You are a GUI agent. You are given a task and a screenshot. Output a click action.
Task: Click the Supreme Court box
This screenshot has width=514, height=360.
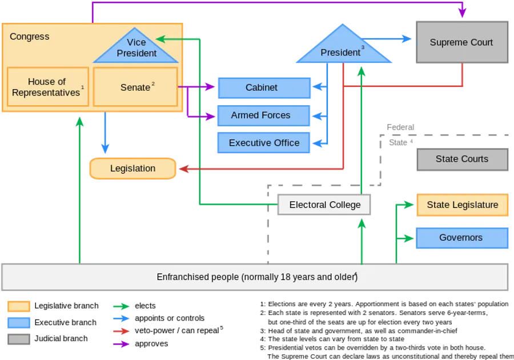(x=462, y=42)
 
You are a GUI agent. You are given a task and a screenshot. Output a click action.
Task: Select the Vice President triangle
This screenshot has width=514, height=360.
(x=136, y=47)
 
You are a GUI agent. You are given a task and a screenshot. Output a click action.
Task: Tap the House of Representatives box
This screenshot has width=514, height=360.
(x=48, y=87)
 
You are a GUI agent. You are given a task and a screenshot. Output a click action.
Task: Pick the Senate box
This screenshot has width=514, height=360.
(x=135, y=87)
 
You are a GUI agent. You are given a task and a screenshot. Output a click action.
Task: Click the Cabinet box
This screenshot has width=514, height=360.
(x=264, y=88)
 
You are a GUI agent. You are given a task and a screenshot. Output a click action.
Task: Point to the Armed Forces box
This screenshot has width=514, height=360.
(x=263, y=115)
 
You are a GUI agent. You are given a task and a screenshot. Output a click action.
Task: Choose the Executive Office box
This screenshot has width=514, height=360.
(x=263, y=143)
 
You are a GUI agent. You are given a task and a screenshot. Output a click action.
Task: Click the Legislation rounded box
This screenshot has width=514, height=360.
(x=132, y=169)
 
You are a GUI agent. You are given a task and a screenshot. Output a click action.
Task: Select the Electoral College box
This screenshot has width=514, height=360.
(x=324, y=205)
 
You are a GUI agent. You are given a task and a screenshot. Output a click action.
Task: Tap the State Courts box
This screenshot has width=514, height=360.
(x=463, y=159)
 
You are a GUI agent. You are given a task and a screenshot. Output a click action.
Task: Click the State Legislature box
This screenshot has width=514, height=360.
(x=463, y=205)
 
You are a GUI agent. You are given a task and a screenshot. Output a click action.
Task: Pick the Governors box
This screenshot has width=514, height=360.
(x=462, y=238)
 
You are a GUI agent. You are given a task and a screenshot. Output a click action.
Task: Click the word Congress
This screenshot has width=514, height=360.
(x=30, y=37)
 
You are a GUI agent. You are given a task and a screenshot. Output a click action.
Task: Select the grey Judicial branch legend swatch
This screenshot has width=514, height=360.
(x=19, y=339)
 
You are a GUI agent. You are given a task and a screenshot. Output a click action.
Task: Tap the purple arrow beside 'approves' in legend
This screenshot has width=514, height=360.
(x=121, y=344)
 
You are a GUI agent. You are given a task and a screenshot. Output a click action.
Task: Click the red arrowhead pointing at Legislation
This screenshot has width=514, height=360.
(x=183, y=169)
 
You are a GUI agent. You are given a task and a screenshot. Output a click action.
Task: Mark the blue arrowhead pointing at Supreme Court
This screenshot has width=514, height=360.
(x=407, y=39)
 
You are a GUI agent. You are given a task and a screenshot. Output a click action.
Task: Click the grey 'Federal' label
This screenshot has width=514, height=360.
(x=400, y=127)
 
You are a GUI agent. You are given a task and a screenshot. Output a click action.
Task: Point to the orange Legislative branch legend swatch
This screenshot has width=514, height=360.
(x=19, y=306)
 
